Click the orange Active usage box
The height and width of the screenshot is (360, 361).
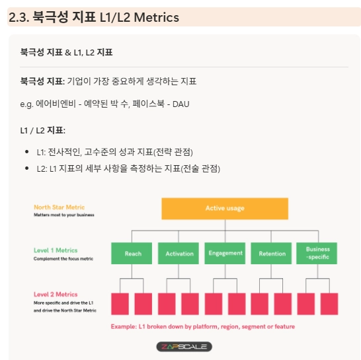point(225,209)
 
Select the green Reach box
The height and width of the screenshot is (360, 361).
point(132,253)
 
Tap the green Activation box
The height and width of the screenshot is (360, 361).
point(179,253)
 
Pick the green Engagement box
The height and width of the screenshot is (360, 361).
point(225,253)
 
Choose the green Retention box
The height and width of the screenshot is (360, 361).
point(271,253)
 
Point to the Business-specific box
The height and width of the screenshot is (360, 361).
point(317,253)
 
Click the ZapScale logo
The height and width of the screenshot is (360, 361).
point(184,347)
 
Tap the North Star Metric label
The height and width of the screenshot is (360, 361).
point(59,207)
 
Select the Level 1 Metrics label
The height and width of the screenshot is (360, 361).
point(56,250)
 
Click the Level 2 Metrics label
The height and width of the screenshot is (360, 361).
point(56,295)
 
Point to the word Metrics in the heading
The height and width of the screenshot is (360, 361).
point(156,17)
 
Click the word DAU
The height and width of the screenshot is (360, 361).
point(181,104)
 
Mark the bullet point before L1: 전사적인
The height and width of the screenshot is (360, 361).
point(26,152)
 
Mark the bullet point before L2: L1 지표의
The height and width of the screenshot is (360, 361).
point(26,168)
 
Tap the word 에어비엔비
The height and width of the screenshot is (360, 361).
point(56,104)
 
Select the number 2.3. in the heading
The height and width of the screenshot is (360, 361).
point(19,17)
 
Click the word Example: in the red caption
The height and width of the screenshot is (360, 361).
point(124,327)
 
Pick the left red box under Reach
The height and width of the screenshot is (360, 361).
point(120,304)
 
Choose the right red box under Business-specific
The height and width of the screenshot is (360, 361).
point(329,304)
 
